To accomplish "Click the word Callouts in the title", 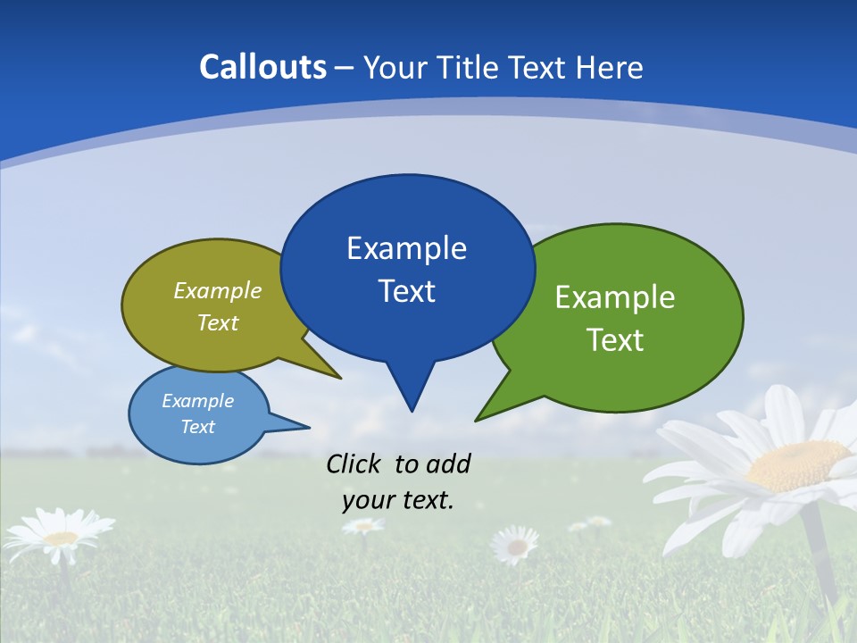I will (262, 67).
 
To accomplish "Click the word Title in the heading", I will (470, 67).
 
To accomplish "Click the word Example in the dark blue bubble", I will (406, 248).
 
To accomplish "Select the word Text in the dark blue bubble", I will (406, 291).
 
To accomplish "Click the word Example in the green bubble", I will (615, 296).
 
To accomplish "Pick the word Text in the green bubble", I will (615, 340).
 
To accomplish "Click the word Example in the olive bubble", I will (218, 290).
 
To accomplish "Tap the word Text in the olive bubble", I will (218, 322).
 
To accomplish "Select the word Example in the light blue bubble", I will (197, 401).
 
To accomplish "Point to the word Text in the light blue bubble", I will (197, 427).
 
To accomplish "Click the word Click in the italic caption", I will (354, 463).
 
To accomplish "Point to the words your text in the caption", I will (398, 499).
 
